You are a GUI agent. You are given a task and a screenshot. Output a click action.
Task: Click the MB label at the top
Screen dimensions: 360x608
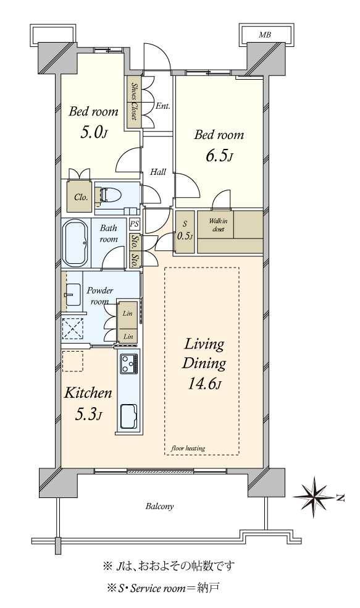pos(265,35)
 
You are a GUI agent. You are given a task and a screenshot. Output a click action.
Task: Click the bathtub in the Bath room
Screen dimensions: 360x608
pos(75,243)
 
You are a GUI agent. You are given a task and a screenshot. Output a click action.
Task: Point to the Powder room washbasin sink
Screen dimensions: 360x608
pos(72,294)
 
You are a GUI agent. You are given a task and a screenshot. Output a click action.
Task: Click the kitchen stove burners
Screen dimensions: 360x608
pos(129,364)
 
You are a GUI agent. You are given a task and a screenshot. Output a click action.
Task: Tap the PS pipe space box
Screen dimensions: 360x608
pos(135,224)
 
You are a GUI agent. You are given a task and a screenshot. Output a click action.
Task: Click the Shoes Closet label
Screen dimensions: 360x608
pos(134,101)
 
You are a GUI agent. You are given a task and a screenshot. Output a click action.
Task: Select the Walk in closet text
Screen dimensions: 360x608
pos(218,225)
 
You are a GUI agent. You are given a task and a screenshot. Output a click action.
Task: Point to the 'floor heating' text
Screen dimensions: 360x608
pos(188,448)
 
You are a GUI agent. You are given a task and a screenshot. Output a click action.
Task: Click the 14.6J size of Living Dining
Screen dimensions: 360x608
pos(205,384)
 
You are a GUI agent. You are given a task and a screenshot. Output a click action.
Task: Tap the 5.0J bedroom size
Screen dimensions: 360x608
pos(93,133)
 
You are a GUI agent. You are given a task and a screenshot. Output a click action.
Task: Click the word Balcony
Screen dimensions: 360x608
pos(160,506)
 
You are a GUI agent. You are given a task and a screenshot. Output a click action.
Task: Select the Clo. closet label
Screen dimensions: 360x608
pos(81,197)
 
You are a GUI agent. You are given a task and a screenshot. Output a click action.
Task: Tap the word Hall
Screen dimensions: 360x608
pos(157,172)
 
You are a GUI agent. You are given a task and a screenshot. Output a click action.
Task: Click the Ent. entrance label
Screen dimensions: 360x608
pos(163,106)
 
